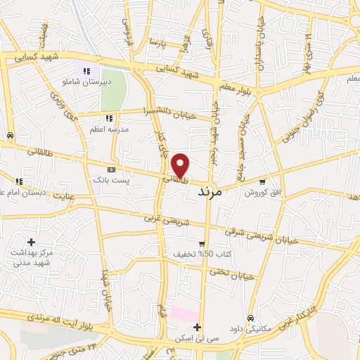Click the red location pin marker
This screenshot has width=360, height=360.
point(181,165)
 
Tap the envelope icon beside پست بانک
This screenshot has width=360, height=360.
point(111,170)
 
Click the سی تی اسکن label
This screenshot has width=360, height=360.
point(198,338)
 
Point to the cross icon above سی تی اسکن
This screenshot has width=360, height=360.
point(198,327)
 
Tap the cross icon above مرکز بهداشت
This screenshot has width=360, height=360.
point(32,242)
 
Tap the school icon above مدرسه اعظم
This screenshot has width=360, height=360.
point(109,118)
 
